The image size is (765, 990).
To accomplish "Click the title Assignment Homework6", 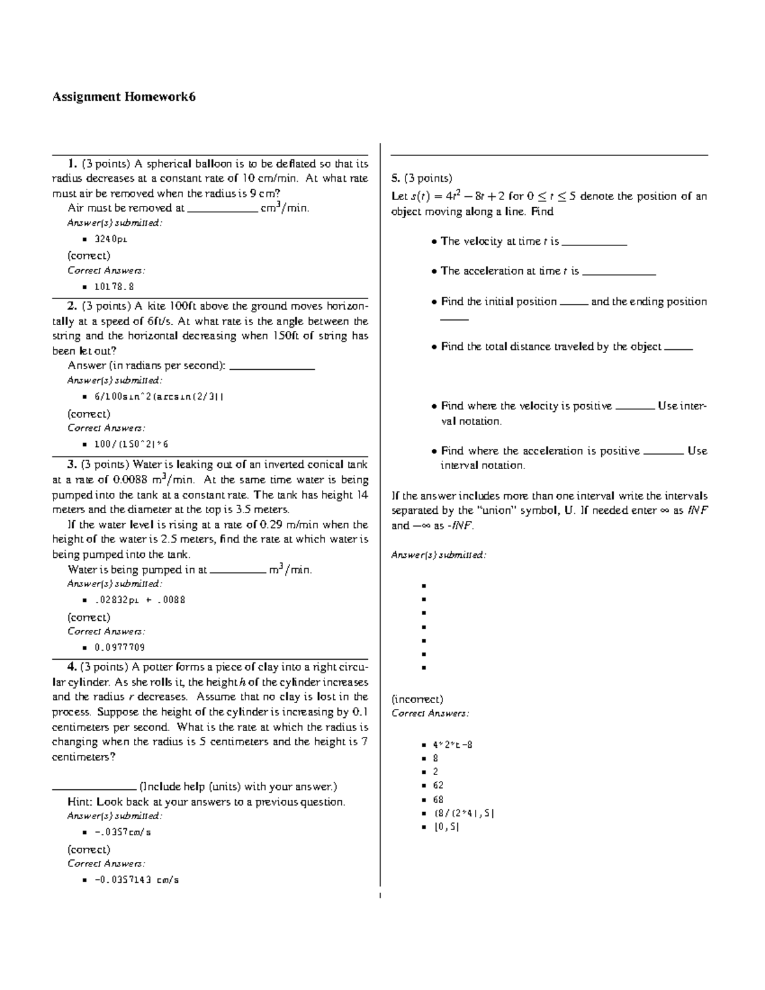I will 124,97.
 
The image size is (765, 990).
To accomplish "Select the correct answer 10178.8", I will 114,287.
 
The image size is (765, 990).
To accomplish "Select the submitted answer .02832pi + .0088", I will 140,600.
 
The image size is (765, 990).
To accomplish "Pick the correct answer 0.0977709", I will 119,647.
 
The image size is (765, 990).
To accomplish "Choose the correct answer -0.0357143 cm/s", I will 136,880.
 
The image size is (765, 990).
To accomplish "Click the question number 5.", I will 395,178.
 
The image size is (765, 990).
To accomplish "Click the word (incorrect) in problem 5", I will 417,699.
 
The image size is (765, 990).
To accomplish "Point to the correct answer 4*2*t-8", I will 453,745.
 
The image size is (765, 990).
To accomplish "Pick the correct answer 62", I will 438,785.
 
